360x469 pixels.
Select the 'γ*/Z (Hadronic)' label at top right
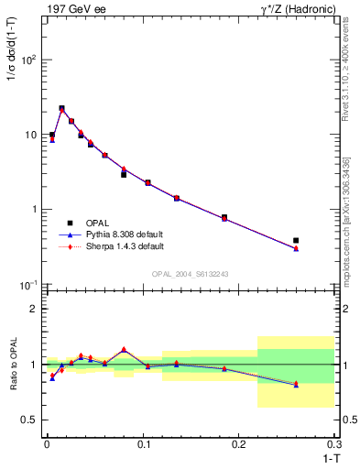click(x=299, y=8)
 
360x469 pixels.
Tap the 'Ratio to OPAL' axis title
click(x=12, y=365)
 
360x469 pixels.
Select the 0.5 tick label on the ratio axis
click(x=29, y=420)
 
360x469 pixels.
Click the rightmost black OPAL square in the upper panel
click(x=296, y=240)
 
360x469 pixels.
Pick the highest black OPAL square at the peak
click(x=61, y=108)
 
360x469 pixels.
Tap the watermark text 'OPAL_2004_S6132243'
click(x=190, y=274)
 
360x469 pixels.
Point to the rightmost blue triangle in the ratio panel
click(x=296, y=385)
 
